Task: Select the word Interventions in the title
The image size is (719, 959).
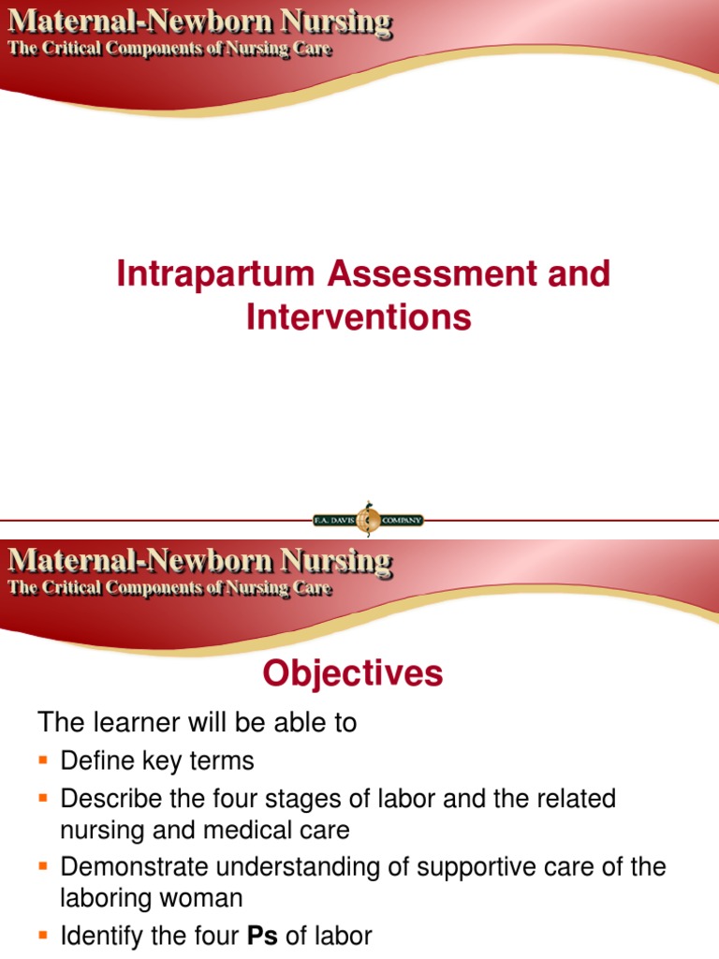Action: point(359,317)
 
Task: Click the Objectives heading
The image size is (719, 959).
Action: point(352,673)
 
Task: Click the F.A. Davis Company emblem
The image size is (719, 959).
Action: point(370,519)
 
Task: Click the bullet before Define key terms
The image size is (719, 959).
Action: point(43,760)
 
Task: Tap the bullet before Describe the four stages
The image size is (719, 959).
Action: point(43,799)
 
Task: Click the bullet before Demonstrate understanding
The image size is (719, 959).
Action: point(43,867)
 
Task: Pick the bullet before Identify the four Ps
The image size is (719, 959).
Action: point(43,936)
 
